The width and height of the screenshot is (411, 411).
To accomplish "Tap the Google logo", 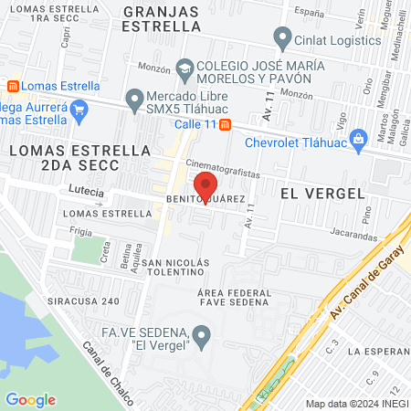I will coord(30,399).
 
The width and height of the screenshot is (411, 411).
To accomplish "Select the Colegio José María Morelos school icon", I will coord(185,68).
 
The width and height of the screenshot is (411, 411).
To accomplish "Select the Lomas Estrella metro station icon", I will coord(13,86).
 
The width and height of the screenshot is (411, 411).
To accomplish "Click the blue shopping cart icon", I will coord(79,112).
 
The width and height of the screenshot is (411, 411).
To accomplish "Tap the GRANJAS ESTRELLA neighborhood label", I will coord(161,18).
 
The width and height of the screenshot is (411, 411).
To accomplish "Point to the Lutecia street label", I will coord(87,192).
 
